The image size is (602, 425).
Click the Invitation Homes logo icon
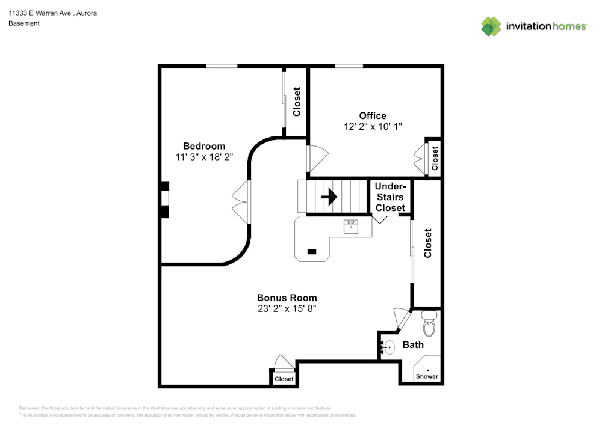tap(491, 26)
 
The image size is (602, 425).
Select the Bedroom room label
tap(204, 146)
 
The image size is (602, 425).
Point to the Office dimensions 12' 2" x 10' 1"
tap(373, 126)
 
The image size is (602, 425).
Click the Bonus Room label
tap(287, 298)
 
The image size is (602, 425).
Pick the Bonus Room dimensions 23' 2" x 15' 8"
tap(287, 308)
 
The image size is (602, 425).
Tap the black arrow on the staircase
tap(329, 197)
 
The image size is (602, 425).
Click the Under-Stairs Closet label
tap(390, 197)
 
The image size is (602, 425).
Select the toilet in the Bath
tap(429, 324)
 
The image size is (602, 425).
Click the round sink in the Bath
tap(389, 347)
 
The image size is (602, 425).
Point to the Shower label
tap(427, 376)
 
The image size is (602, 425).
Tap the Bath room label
tap(413, 344)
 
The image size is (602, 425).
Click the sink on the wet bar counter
tap(351, 226)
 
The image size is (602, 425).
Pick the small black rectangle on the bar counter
tap(312, 251)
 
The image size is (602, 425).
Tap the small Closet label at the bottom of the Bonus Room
tap(284, 379)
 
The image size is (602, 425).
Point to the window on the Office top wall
tap(349, 66)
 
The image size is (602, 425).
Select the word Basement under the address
tap(24, 23)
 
